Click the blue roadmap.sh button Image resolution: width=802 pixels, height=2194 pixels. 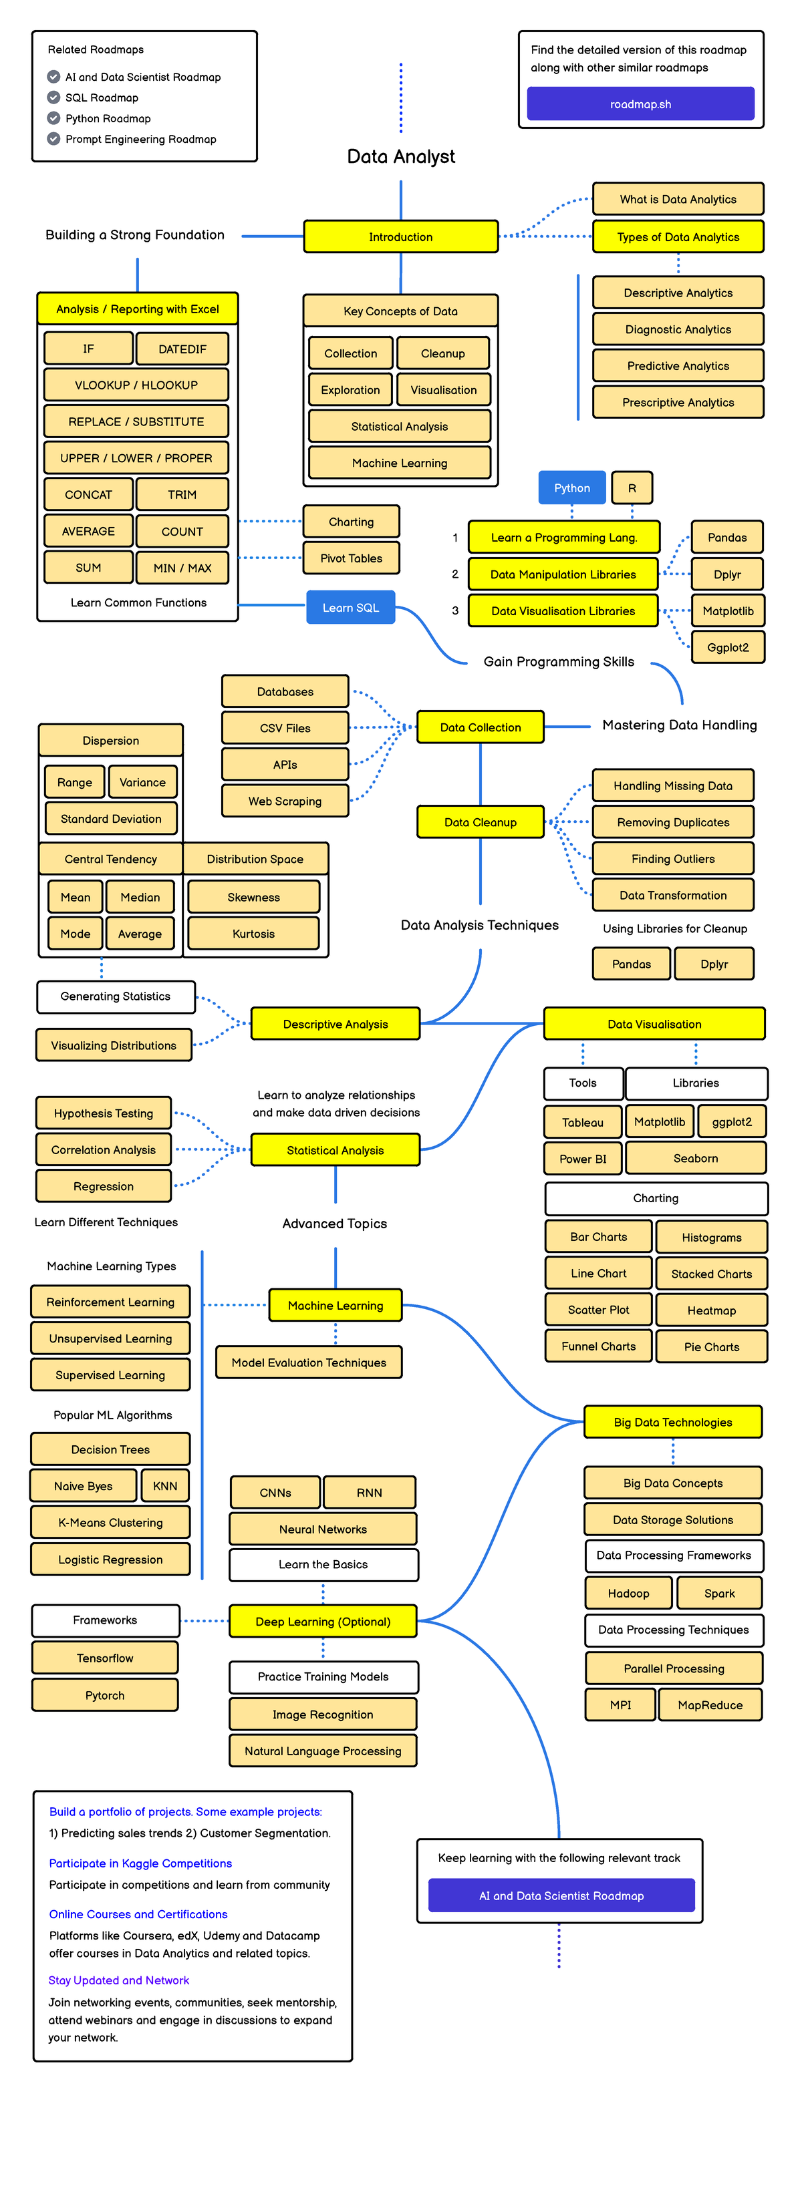click(640, 104)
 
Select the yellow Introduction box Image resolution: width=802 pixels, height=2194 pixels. click(400, 237)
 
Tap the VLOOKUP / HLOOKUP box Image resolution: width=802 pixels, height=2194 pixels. click(136, 385)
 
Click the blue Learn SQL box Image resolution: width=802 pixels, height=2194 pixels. click(350, 607)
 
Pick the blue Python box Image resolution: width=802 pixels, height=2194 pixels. click(572, 488)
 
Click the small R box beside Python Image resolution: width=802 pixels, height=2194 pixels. click(632, 488)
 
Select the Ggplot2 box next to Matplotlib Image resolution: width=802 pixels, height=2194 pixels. click(728, 647)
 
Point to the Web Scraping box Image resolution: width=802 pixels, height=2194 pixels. click(285, 801)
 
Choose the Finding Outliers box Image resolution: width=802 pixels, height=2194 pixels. click(672, 858)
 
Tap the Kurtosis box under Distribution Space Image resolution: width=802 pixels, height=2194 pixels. click(253, 934)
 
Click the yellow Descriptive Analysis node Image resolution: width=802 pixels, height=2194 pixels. click(335, 1024)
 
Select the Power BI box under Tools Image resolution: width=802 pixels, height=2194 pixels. click(583, 1158)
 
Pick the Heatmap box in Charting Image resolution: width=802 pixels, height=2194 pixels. click(712, 1310)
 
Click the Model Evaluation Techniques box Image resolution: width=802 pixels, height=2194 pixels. click(309, 1362)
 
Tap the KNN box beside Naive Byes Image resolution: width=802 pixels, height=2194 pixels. click(165, 1486)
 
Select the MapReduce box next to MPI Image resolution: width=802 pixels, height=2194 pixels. click(710, 1705)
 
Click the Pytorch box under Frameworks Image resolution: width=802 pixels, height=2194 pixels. click(105, 1695)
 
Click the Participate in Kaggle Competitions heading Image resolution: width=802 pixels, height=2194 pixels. click(140, 1863)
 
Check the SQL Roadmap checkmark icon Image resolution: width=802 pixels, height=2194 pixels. click(53, 97)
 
